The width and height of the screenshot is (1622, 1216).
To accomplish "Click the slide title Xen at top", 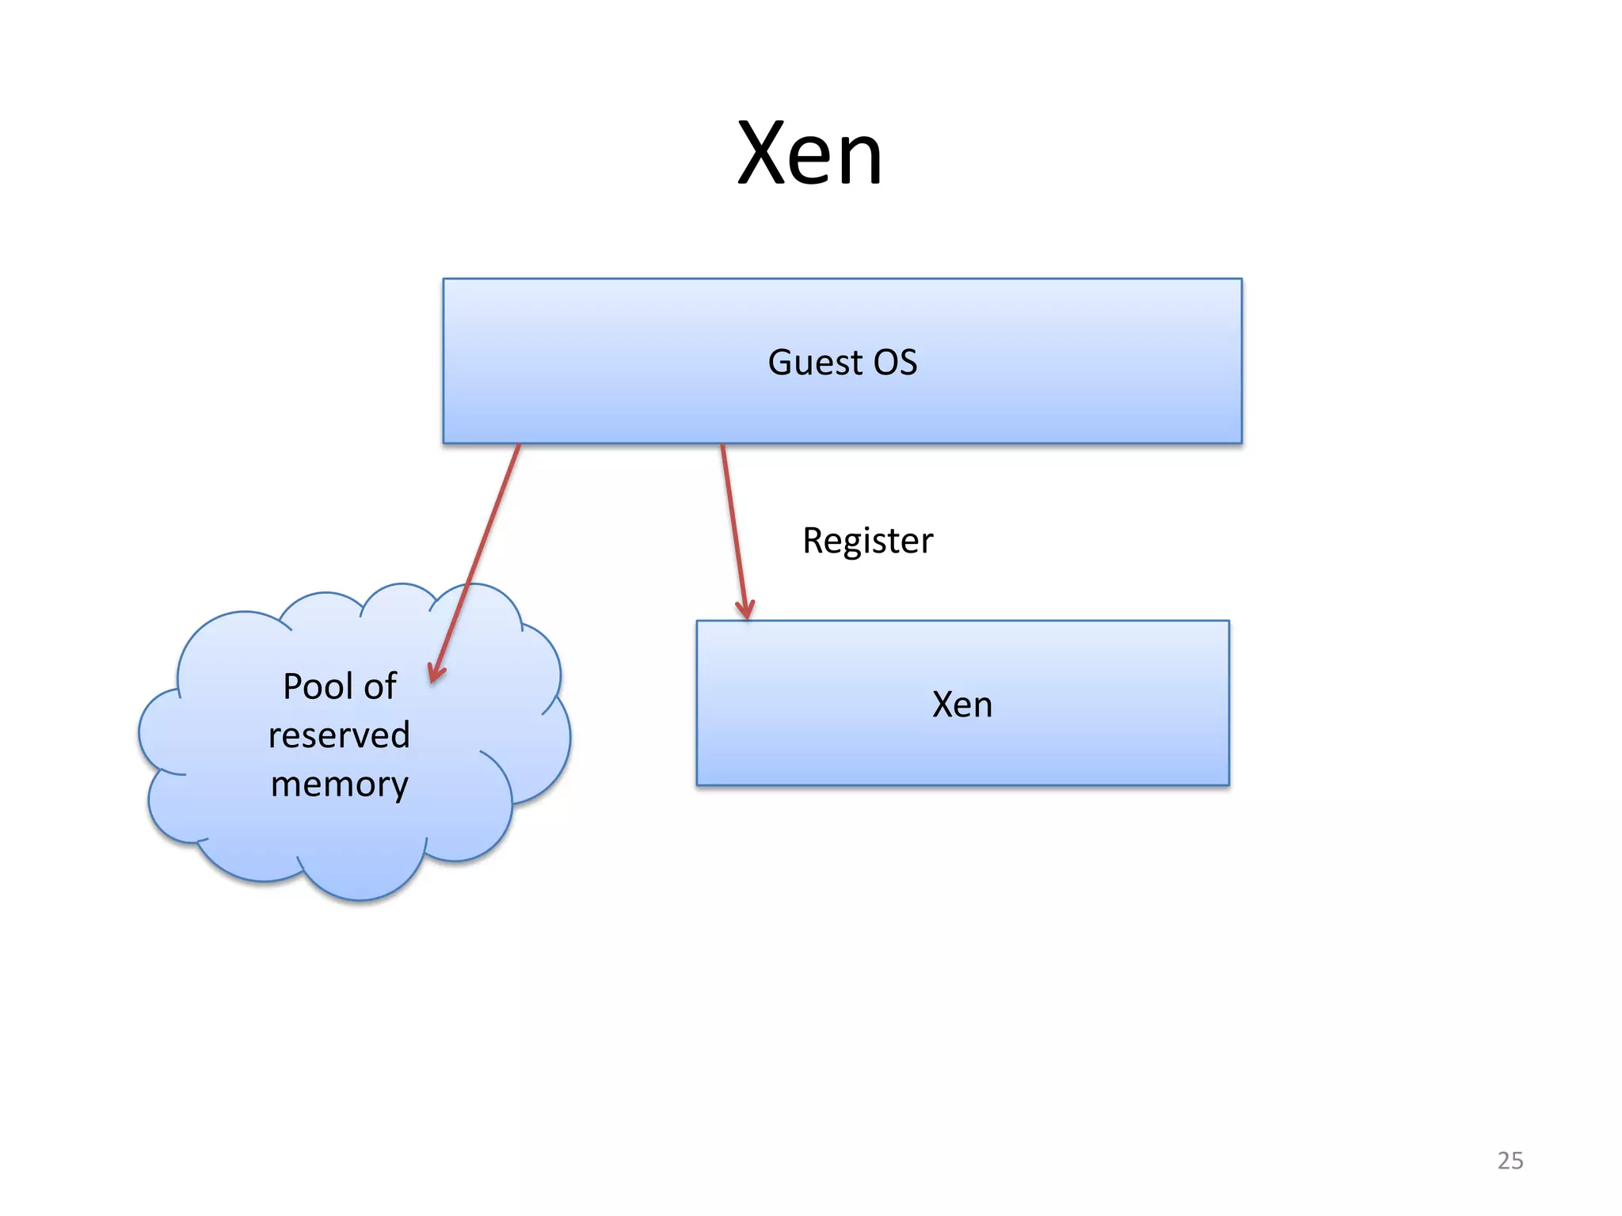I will click(x=809, y=154).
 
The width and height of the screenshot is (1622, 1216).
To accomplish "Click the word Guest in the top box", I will click(x=815, y=363).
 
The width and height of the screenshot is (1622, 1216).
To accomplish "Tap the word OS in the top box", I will click(x=895, y=363).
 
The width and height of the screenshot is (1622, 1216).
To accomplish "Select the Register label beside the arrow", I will click(x=867, y=541).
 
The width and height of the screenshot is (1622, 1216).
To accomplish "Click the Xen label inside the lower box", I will click(x=961, y=704).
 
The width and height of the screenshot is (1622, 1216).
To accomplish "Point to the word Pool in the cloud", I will click(x=316, y=686).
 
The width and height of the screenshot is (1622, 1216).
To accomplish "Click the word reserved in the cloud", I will click(x=339, y=735).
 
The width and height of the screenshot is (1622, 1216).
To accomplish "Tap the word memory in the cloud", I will click(x=339, y=785).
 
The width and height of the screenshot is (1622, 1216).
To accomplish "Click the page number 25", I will click(x=1510, y=1160).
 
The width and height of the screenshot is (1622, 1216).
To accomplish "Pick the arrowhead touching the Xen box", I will click(x=745, y=612).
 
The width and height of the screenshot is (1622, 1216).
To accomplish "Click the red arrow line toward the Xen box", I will click(x=733, y=530).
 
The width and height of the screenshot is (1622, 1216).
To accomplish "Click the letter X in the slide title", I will click(x=763, y=154).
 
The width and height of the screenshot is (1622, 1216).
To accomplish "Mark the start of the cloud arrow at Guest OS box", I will click(x=519, y=446).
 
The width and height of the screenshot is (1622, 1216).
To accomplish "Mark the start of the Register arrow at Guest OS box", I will click(x=722, y=446).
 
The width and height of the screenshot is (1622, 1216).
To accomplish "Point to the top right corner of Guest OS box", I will click(x=1241, y=279).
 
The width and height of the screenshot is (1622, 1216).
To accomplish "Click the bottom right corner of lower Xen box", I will click(x=1228, y=785).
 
